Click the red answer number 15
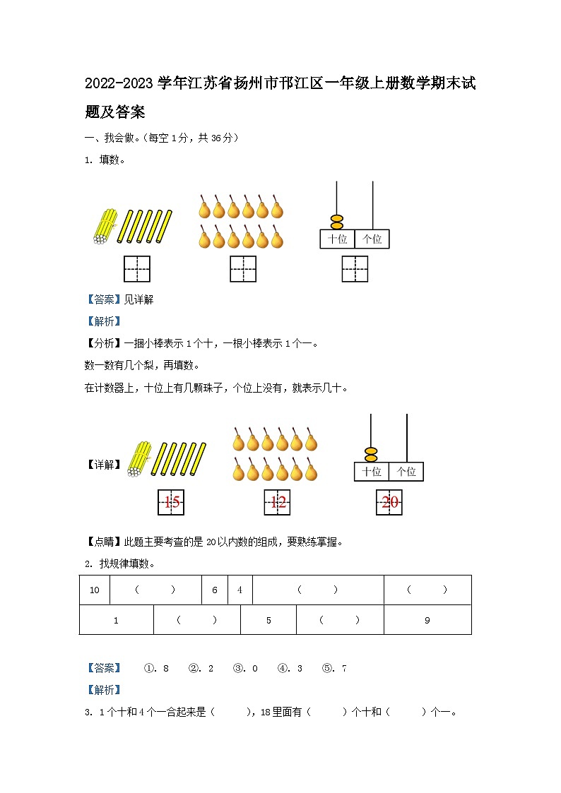click(x=171, y=503)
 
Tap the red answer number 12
click(x=277, y=503)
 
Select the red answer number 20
click(x=389, y=503)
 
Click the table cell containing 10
click(x=95, y=590)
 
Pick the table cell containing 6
click(x=215, y=590)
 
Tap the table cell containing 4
click(x=240, y=590)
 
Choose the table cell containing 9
click(x=427, y=621)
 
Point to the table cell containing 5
click(x=268, y=621)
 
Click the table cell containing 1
click(x=117, y=621)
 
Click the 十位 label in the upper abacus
click(x=337, y=239)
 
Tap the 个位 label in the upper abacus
click(x=372, y=239)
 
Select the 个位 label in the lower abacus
click(x=406, y=472)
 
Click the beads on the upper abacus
click(x=337, y=222)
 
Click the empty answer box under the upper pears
click(x=243, y=269)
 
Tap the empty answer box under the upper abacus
click(x=355, y=269)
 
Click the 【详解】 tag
click(x=104, y=465)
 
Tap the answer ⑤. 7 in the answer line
click(x=334, y=668)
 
